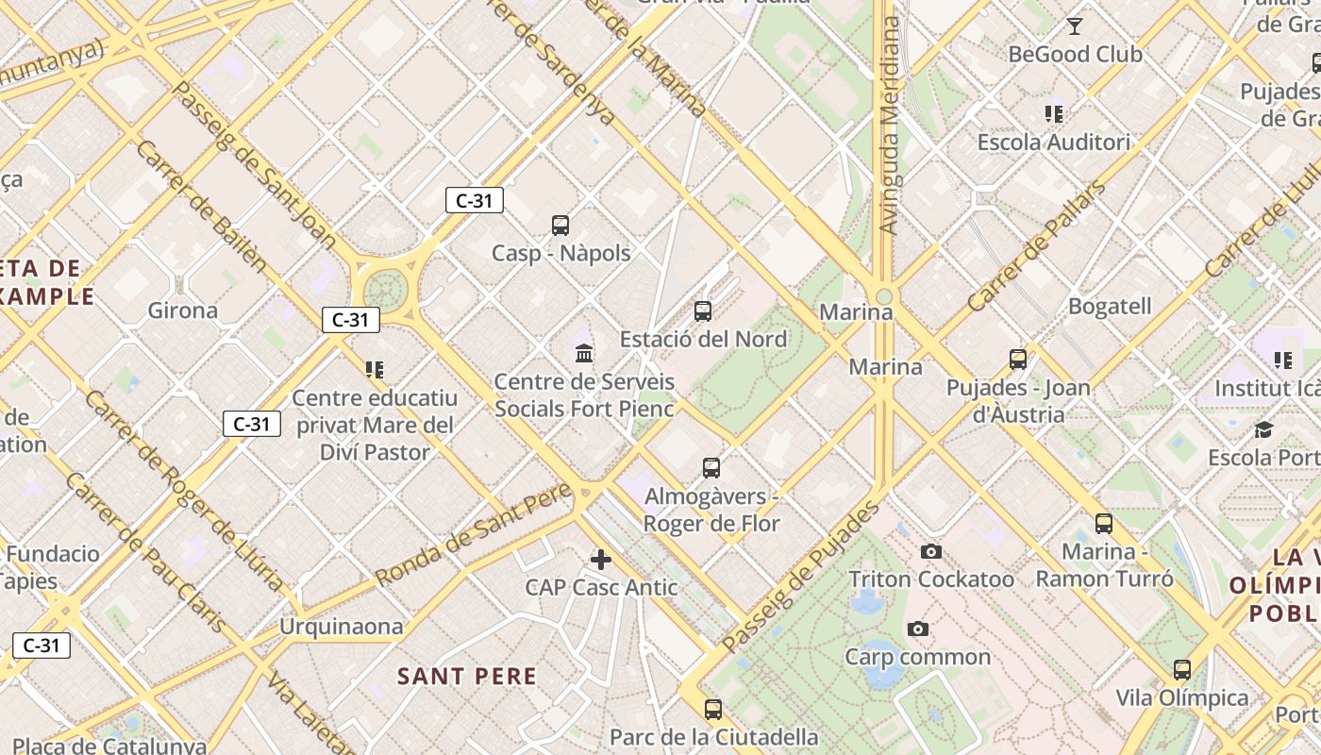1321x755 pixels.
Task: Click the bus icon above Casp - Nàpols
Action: pos(560,226)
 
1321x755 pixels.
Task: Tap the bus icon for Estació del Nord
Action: pos(703,311)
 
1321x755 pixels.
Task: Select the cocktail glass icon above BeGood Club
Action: pos(1074,25)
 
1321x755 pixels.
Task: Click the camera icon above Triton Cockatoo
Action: pos(931,551)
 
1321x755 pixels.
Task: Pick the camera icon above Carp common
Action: pos(917,629)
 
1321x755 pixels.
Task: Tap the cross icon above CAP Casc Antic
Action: pos(601,560)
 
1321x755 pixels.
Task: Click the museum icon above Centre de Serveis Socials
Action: pos(584,354)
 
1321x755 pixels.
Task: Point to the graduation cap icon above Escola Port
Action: pos(1263,430)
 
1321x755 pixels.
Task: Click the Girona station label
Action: pos(183,310)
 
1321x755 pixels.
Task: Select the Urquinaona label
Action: pos(341,627)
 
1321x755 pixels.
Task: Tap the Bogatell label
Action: pos(1110,307)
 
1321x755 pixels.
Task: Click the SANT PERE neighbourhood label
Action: pos(467,677)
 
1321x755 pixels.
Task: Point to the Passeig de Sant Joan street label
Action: pos(256,166)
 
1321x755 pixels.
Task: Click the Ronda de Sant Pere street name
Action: pos(474,533)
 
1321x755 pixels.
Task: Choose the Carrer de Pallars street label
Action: pos(1036,248)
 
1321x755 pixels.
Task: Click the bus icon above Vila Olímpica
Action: pos(1182,670)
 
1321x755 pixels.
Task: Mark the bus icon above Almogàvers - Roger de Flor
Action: pos(711,468)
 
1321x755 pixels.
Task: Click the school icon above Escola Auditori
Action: pos(1054,115)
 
